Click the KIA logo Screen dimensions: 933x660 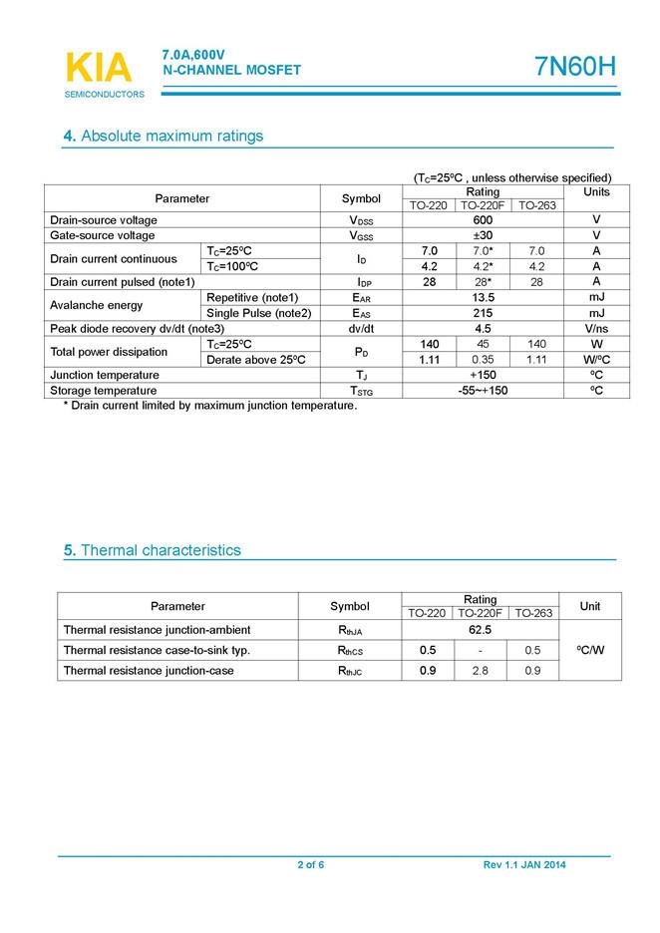(x=98, y=68)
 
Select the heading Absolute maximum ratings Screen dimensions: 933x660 (x=163, y=136)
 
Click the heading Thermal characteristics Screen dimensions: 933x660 (x=152, y=550)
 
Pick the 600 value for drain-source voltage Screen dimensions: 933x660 (x=484, y=220)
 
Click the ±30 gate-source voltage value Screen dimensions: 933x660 (x=484, y=235)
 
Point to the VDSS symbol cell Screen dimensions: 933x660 (x=361, y=220)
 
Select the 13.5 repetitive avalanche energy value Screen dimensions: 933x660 (x=484, y=297)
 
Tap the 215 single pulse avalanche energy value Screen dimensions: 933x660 (x=484, y=313)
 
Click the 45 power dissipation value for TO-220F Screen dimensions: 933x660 (x=484, y=344)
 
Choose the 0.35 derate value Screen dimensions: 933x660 (x=484, y=359)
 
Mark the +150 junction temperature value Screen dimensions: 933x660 (x=484, y=375)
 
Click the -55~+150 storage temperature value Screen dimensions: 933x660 (x=484, y=390)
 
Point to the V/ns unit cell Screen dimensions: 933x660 (x=596, y=328)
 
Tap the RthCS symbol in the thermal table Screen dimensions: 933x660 (x=350, y=651)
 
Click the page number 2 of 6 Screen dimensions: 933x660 (x=310, y=864)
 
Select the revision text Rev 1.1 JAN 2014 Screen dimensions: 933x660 (x=524, y=864)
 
